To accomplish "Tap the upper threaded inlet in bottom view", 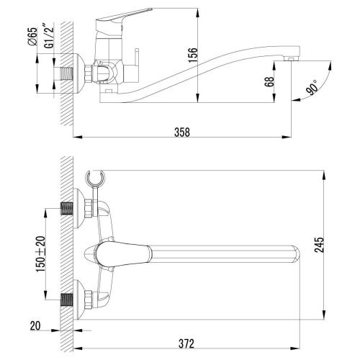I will [x=68, y=207].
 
